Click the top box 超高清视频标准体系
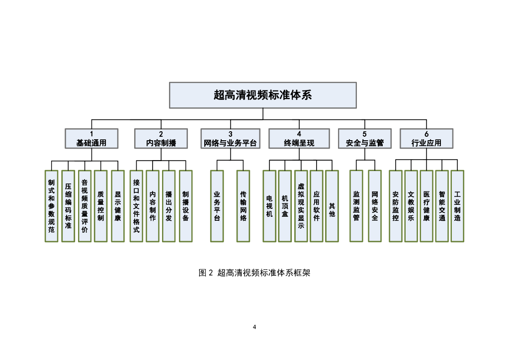262,95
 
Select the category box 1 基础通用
91,139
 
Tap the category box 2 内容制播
161,139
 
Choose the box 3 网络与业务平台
230,139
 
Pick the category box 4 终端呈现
299,139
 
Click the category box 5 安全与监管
364,139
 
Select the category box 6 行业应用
426,139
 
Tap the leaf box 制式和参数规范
52,206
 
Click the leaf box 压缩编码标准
68,206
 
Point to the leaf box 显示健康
117,206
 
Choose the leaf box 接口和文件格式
136,206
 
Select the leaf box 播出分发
169,206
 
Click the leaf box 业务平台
217,206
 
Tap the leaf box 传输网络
243,206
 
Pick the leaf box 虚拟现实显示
301,206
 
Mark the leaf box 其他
332,206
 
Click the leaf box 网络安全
375,206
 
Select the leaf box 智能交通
442,206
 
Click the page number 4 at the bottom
254,327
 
